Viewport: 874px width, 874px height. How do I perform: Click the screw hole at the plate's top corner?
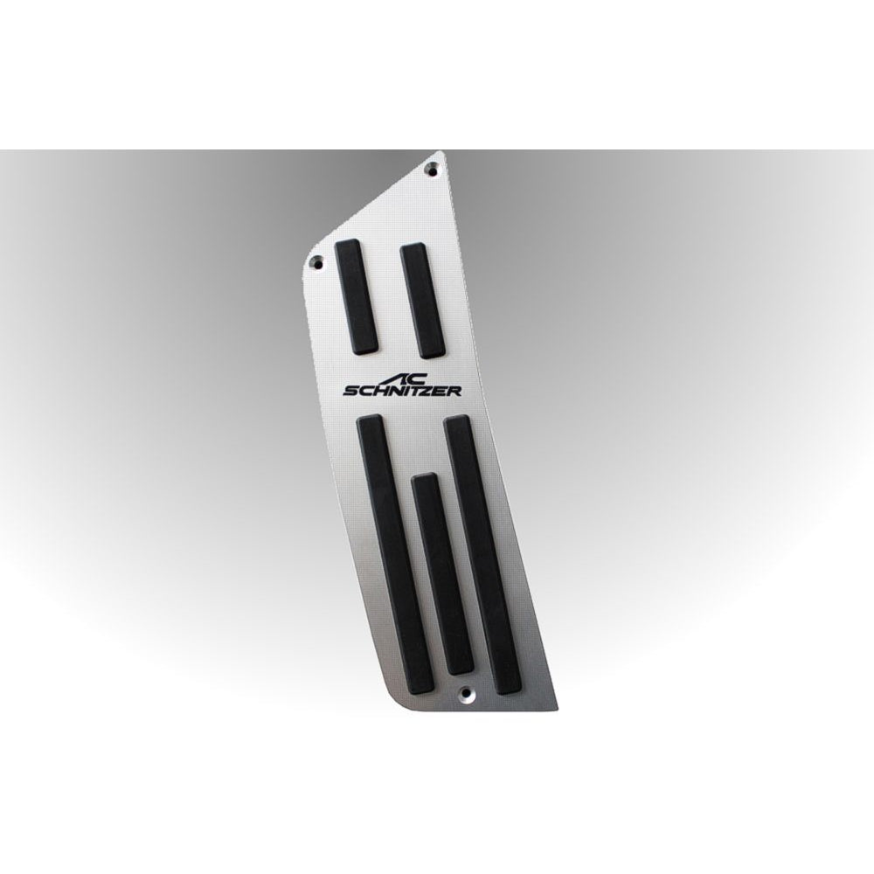(431, 168)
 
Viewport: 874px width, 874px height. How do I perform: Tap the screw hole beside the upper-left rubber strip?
(316, 259)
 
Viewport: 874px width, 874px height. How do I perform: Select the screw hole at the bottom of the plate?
(465, 697)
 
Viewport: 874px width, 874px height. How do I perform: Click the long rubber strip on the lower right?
(483, 556)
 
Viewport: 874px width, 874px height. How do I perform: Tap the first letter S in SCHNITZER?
(351, 392)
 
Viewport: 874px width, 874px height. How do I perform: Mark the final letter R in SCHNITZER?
(454, 392)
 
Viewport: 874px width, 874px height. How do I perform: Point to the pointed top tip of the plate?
(444, 153)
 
